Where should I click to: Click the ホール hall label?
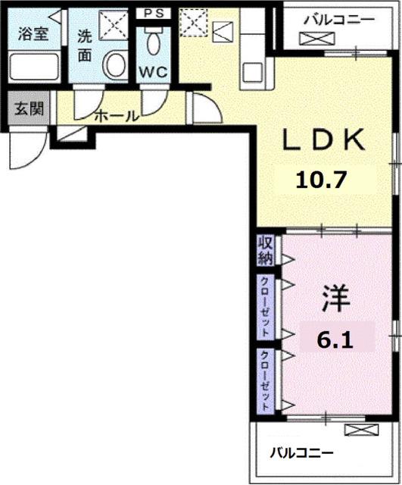point(116,116)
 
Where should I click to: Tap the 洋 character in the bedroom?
point(333,298)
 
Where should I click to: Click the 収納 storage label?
point(266,251)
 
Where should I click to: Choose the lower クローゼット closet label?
point(266,380)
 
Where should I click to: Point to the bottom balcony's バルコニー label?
point(302,453)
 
